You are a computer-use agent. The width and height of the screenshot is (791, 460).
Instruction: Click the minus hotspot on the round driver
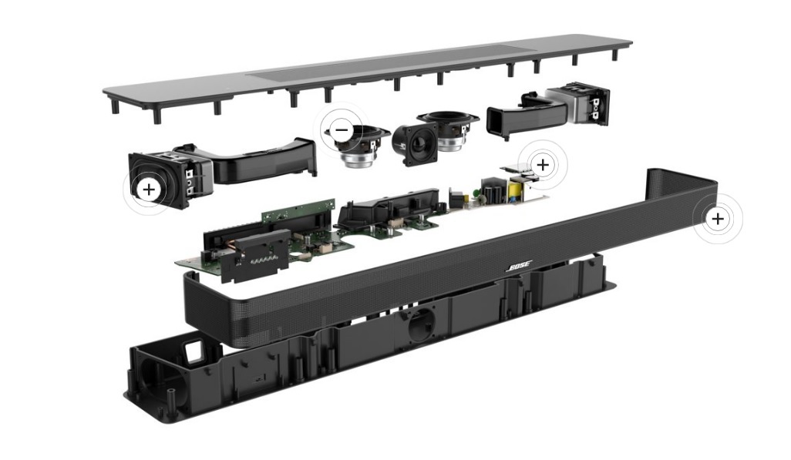tap(342, 129)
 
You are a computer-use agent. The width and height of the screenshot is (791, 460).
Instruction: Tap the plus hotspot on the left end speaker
tap(149, 190)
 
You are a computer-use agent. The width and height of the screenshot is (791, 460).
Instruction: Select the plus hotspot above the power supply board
tap(543, 164)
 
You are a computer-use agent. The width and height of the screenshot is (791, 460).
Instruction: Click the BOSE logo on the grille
tap(518, 267)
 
